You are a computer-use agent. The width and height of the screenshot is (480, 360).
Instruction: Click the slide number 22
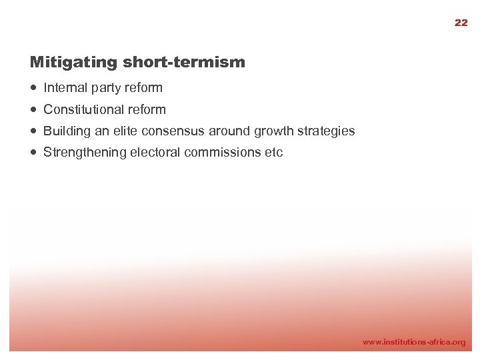[x=461, y=23]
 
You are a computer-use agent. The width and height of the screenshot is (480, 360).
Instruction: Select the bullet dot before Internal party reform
[x=34, y=87]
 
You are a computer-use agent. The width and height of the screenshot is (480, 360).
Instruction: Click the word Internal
[x=65, y=87]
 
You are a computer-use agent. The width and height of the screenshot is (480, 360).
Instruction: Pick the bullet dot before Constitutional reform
[x=34, y=109]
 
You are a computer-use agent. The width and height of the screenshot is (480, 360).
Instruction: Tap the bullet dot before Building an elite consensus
[x=34, y=131]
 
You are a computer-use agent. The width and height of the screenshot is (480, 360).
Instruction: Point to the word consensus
[x=174, y=131]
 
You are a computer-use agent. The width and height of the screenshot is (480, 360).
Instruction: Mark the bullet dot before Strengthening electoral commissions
[x=34, y=153]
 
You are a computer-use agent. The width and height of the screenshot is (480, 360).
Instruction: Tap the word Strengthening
[x=85, y=153]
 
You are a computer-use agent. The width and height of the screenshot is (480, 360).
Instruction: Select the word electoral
[x=155, y=153]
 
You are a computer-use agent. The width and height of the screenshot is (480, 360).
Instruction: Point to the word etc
[x=274, y=153]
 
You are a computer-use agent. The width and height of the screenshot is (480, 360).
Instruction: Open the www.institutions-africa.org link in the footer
[x=413, y=342]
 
